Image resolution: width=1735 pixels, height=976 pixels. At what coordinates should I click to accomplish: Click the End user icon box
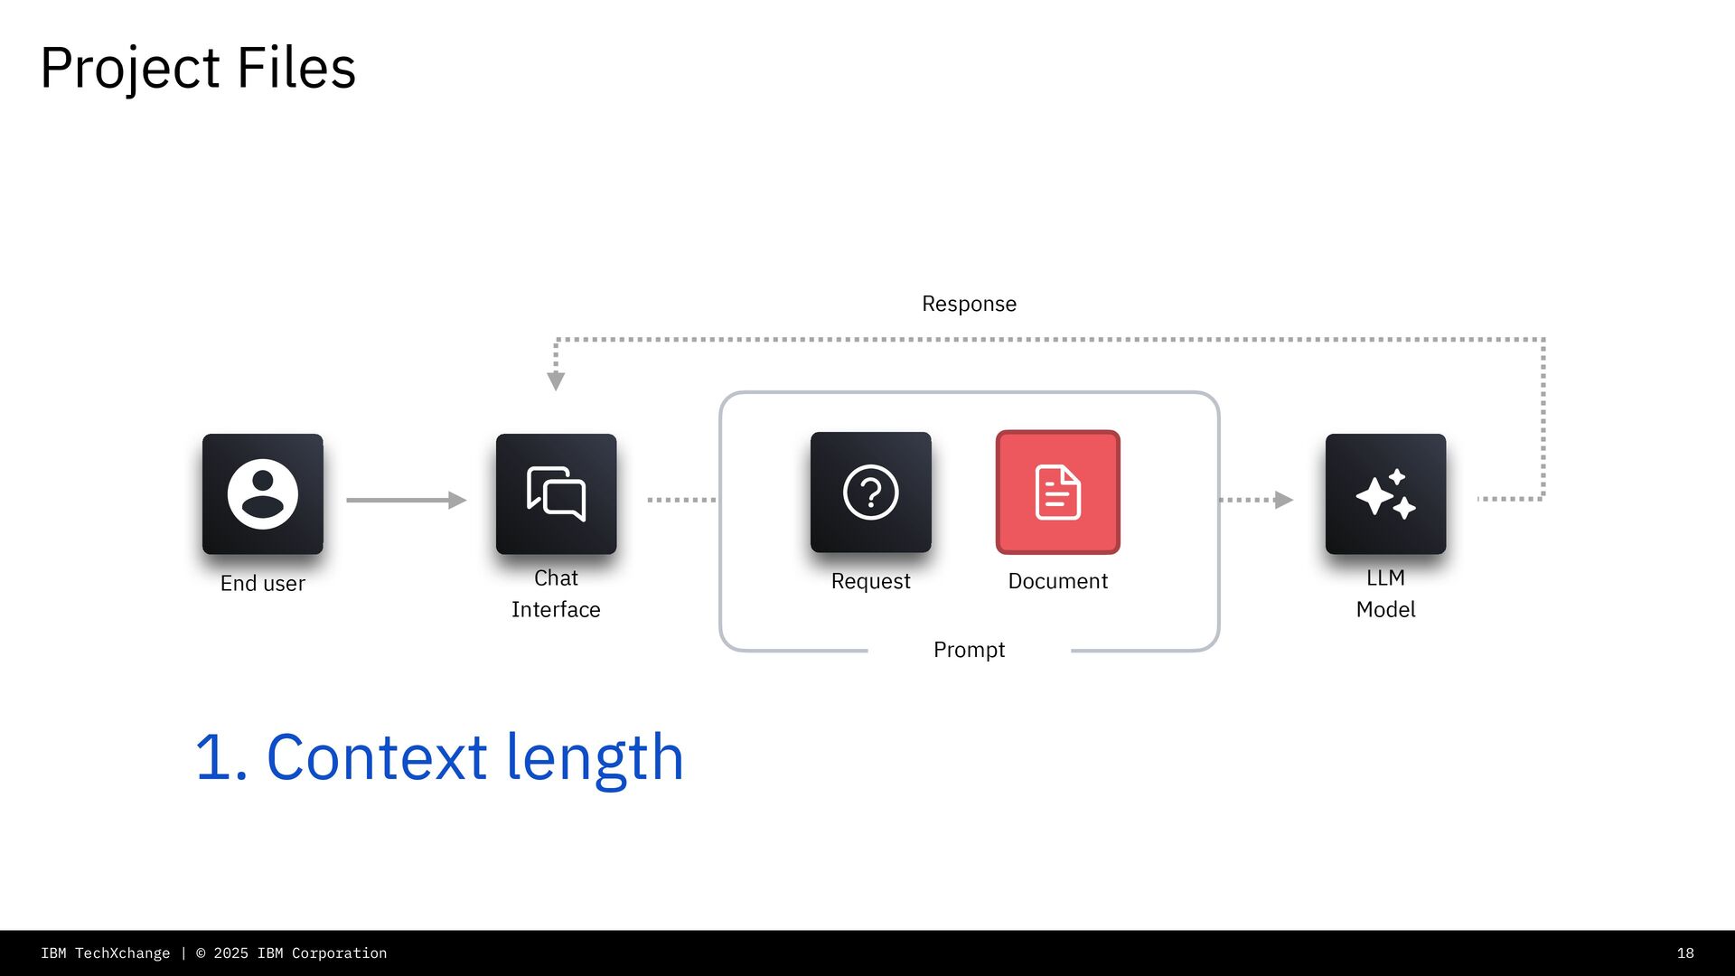tap(262, 493)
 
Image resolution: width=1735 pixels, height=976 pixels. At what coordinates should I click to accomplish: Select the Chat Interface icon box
tap(556, 493)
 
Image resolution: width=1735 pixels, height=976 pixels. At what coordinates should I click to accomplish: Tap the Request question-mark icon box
tap(870, 492)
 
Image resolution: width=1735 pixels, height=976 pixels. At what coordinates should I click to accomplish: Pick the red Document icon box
tap(1057, 492)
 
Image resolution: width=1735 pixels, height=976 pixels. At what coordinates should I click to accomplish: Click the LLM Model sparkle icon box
tap(1385, 493)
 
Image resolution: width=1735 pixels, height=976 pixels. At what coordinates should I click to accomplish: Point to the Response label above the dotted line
tap(969, 304)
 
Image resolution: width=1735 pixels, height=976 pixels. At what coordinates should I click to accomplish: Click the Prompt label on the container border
tap(969, 650)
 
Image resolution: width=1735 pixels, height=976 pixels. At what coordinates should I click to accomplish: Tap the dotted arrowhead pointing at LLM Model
tap(1283, 500)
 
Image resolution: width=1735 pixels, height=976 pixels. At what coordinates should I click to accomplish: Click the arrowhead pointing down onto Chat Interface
tap(556, 380)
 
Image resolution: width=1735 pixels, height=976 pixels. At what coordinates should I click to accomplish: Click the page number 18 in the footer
tap(1685, 953)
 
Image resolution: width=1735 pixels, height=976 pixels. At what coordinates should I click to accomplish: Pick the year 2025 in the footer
tap(230, 953)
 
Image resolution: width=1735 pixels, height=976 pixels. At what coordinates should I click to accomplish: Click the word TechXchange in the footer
tap(122, 953)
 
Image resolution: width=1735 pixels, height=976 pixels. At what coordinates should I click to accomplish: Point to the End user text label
tap(262, 584)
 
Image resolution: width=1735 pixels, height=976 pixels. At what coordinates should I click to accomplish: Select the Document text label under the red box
tap(1057, 581)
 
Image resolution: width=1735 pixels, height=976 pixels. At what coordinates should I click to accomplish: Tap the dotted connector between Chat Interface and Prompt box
tap(681, 500)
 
